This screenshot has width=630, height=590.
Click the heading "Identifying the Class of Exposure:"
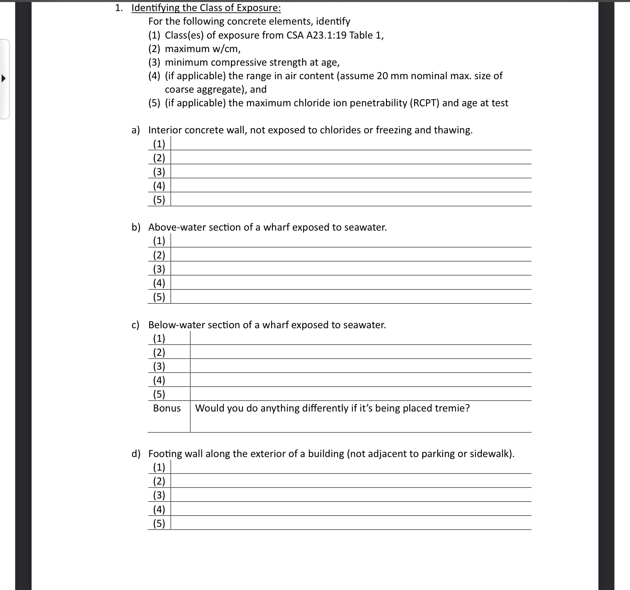pyautogui.click(x=206, y=8)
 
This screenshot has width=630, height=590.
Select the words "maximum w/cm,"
pyautogui.click(x=203, y=49)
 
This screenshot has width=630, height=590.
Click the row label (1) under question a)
pyautogui.click(x=159, y=144)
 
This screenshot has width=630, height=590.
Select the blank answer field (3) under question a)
pyautogui.click(x=351, y=172)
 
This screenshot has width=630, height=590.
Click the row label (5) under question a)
pyautogui.click(x=159, y=200)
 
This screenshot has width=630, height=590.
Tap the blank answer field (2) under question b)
pyautogui.click(x=351, y=255)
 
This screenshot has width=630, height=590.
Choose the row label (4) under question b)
pyautogui.click(x=159, y=283)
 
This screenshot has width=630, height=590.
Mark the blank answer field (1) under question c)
pyautogui.click(x=360, y=338)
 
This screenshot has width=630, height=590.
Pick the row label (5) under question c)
pyautogui.click(x=159, y=394)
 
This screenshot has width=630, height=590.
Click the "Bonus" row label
pyautogui.click(x=167, y=408)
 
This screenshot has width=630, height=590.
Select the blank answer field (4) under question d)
pyautogui.click(x=351, y=509)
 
